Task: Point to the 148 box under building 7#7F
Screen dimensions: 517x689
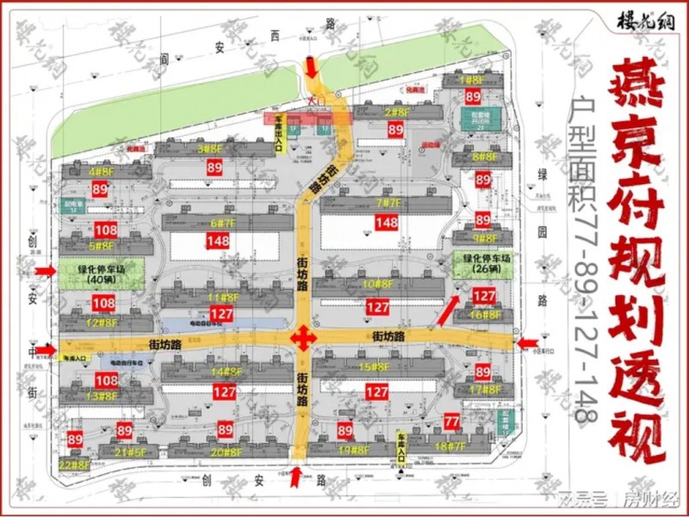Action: pyautogui.click(x=387, y=223)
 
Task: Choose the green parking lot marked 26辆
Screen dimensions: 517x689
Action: pyautogui.click(x=481, y=262)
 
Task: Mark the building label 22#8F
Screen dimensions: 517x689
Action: pyautogui.click(x=75, y=465)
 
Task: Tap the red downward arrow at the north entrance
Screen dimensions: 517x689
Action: pyautogui.click(x=310, y=67)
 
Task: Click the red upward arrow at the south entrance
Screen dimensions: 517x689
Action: pyautogui.click(x=296, y=476)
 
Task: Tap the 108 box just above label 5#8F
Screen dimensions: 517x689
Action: pyautogui.click(x=106, y=230)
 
